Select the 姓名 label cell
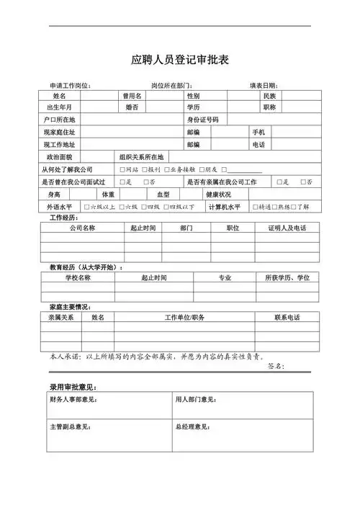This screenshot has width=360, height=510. click(x=59, y=96)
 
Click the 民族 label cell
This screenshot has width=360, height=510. click(x=269, y=96)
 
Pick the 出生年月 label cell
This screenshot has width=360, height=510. click(x=59, y=107)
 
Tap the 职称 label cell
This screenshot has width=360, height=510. click(x=269, y=107)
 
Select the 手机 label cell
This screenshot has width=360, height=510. click(x=258, y=133)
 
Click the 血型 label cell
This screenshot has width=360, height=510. click(x=163, y=194)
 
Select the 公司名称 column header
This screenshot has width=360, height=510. click(x=82, y=228)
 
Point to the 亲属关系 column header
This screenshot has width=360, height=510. click(x=61, y=318)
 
